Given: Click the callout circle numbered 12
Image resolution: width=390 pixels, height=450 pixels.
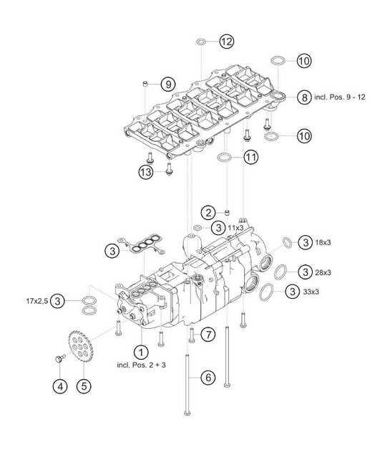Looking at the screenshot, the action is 227,42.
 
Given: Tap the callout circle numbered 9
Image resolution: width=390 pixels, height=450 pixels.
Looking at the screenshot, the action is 168,85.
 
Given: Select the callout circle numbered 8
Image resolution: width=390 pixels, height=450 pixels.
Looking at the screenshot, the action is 304,97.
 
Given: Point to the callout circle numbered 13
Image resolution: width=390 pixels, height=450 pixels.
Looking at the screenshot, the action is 146,172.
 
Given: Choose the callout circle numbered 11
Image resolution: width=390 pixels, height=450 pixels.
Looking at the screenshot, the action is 251,157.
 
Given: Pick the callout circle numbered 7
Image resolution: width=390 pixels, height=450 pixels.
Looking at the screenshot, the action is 208,335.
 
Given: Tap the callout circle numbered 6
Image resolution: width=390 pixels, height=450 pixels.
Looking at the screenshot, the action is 208,377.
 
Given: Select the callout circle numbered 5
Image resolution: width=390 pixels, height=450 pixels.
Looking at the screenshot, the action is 84,386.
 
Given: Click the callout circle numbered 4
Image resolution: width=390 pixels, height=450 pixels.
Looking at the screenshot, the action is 60,386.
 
